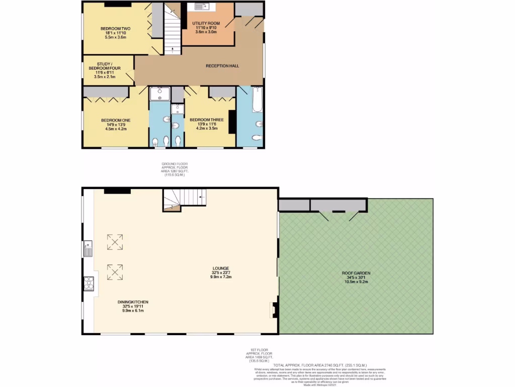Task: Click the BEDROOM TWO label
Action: coord(115,29)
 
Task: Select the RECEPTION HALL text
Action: coord(222,66)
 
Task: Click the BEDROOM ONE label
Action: coord(116,120)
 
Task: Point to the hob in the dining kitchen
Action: coord(89,284)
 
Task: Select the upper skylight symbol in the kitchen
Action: coord(115,242)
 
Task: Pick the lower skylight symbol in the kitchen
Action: coord(115,273)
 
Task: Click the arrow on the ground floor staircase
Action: coord(173,49)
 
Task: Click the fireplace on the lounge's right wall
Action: coord(275,309)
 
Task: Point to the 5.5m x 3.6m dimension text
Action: coord(115,37)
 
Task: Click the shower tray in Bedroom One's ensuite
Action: coord(160,94)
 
